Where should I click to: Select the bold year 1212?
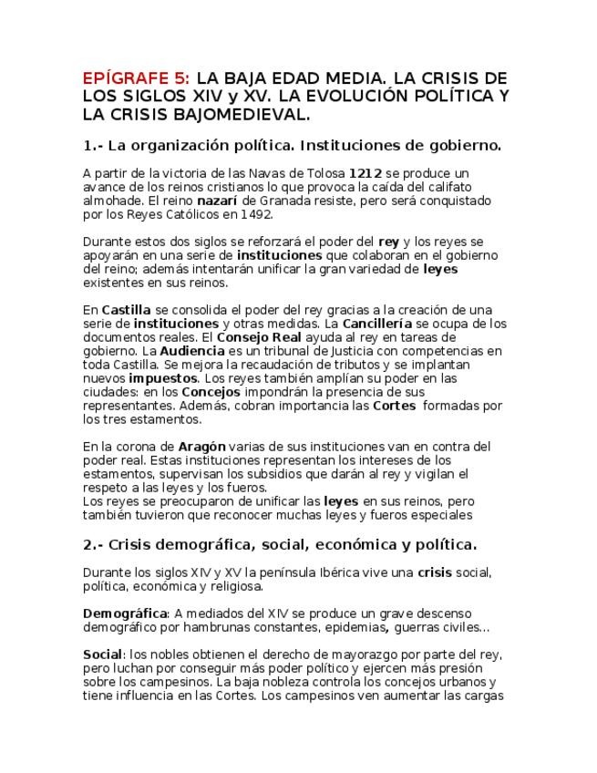point(365,172)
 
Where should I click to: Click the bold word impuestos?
point(163,378)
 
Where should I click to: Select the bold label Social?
point(102,654)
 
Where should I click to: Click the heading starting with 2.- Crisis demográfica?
point(279,545)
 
